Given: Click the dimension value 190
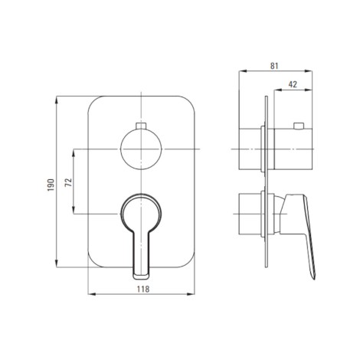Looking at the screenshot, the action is pos(51,185).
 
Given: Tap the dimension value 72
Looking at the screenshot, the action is pos(69,182).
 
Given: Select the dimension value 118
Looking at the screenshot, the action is pos(143,290).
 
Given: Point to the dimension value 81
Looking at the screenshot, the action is pos(274,66).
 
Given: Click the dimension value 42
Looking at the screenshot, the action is pos(293,84).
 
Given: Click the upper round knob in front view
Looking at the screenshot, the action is pos(141,149).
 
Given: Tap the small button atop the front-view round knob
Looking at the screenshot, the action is pos(141,126).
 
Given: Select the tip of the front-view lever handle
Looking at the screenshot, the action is pos(141,277).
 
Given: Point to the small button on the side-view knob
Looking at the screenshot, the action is pos(299,126).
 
